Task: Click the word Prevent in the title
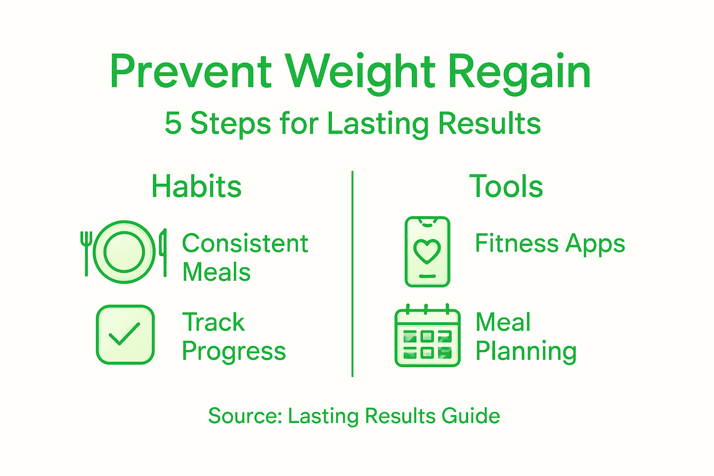pyautogui.click(x=191, y=72)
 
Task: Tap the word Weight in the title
pyautogui.click(x=360, y=72)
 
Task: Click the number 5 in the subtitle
pyautogui.click(x=173, y=124)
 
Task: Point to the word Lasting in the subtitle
pyautogui.click(x=377, y=124)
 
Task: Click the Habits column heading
pyautogui.click(x=197, y=186)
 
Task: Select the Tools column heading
pyautogui.click(x=506, y=186)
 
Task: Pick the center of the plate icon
pyautogui.click(x=124, y=252)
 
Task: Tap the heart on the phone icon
pyautogui.click(x=427, y=251)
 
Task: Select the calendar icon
pyautogui.click(x=427, y=337)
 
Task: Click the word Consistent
pyautogui.click(x=245, y=243)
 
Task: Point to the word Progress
pyautogui.click(x=234, y=351)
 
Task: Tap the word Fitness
pyautogui.click(x=516, y=243)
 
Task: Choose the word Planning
pyautogui.click(x=526, y=351)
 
